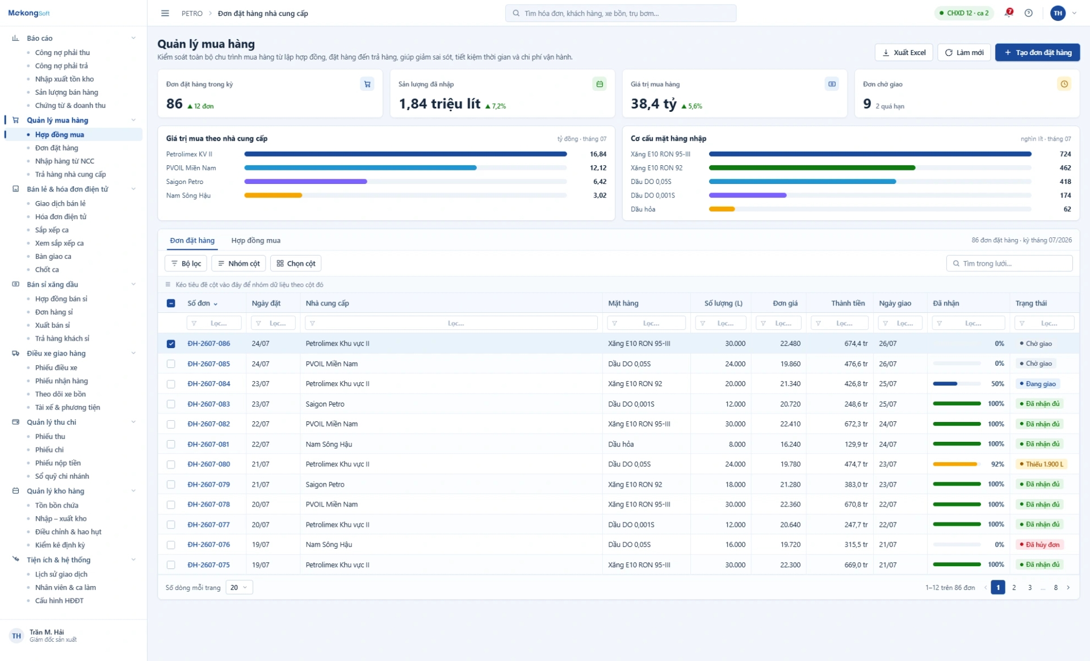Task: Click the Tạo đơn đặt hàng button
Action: point(1037,52)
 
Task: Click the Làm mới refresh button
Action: point(964,52)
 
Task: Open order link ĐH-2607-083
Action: point(209,404)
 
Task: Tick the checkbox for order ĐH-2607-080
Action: point(171,465)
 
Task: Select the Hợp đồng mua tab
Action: point(255,240)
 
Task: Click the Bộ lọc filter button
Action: point(186,263)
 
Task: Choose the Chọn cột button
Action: point(296,263)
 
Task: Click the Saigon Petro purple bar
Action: point(305,182)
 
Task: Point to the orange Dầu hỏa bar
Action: point(722,209)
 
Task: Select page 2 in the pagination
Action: point(1014,587)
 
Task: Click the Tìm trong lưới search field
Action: point(1009,263)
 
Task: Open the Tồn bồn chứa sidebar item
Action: point(57,505)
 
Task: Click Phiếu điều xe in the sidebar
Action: point(56,367)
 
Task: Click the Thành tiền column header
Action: point(848,303)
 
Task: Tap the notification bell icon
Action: point(1008,13)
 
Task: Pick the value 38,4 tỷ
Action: point(653,104)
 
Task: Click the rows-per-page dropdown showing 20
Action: point(239,587)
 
